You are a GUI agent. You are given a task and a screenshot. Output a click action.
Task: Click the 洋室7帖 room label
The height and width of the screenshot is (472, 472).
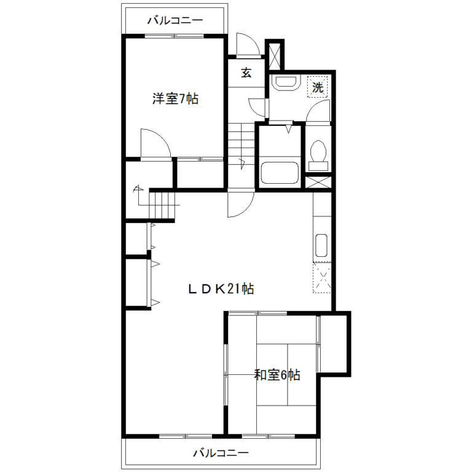pos(175,99)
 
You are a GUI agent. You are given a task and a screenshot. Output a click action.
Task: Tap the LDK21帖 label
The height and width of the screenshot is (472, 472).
pos(221,289)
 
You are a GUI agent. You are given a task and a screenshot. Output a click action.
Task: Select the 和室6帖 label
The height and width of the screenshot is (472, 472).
pos(277,375)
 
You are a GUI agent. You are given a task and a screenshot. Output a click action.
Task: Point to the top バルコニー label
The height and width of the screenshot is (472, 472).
pos(175,20)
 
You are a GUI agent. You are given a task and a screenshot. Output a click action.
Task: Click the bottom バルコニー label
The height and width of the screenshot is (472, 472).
pos(221,453)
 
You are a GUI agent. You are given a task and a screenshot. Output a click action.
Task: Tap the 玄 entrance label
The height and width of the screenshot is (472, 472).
pos(246,73)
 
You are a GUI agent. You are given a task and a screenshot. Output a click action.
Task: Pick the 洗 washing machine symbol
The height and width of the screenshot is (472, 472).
pos(318,87)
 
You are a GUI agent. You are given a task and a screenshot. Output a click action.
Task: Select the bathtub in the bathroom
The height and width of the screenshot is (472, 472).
pos(280,173)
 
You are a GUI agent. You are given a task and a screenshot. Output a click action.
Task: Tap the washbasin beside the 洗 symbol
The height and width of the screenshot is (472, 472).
pos(285,82)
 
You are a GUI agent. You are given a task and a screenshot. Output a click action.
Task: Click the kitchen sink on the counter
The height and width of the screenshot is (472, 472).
pos(321,245)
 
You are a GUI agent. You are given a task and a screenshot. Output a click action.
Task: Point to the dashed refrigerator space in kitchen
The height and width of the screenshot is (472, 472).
pos(322,278)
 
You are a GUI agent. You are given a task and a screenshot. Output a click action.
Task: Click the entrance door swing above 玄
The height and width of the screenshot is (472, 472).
pos(248,44)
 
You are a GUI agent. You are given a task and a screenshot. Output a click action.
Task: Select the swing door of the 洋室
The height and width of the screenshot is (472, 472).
pos(155,143)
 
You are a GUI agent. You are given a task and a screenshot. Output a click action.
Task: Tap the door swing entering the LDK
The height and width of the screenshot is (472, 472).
pos(241,205)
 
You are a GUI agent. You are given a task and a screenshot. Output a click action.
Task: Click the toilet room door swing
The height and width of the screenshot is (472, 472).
pos(318,111)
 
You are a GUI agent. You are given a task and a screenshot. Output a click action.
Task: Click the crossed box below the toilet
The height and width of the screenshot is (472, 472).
pos(318,183)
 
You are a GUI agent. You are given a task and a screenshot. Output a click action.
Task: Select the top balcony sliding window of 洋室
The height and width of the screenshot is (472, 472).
pos(175,36)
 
